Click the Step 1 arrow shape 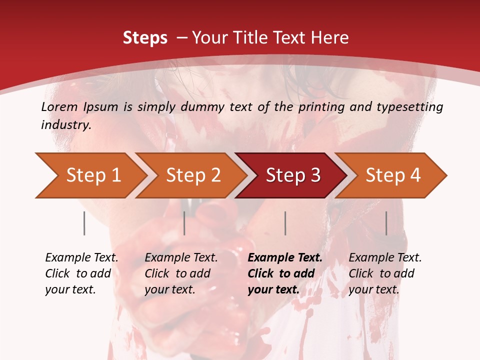[90, 175]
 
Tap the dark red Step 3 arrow [292, 175]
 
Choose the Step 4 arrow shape [392, 175]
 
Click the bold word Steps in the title [145, 38]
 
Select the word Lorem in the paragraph [59, 107]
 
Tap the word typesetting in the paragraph [411, 107]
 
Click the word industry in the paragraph [65, 125]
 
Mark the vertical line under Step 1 [84, 223]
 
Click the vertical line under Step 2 [184, 223]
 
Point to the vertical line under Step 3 [285, 223]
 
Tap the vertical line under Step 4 [386, 223]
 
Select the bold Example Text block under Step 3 [285, 273]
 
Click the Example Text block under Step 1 [81, 273]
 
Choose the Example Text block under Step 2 [181, 273]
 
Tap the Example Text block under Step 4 [385, 273]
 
